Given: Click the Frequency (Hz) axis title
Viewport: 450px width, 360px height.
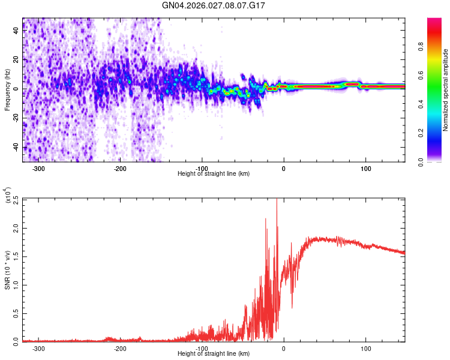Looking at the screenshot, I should click(7, 89).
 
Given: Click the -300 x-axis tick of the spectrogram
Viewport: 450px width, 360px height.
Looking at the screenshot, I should click(39, 168).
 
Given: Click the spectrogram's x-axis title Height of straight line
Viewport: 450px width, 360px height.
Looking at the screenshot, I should click(214, 173).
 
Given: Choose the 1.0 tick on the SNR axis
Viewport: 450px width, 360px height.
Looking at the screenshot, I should click(15, 284).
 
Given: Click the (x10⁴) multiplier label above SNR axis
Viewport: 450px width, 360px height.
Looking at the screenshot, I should click(9, 196).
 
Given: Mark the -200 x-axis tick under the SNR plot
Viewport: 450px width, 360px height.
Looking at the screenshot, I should click(120, 348).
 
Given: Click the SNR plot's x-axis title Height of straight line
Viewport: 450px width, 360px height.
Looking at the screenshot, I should click(214, 353).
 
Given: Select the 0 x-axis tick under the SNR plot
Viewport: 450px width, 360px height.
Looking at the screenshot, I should click(284, 348).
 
